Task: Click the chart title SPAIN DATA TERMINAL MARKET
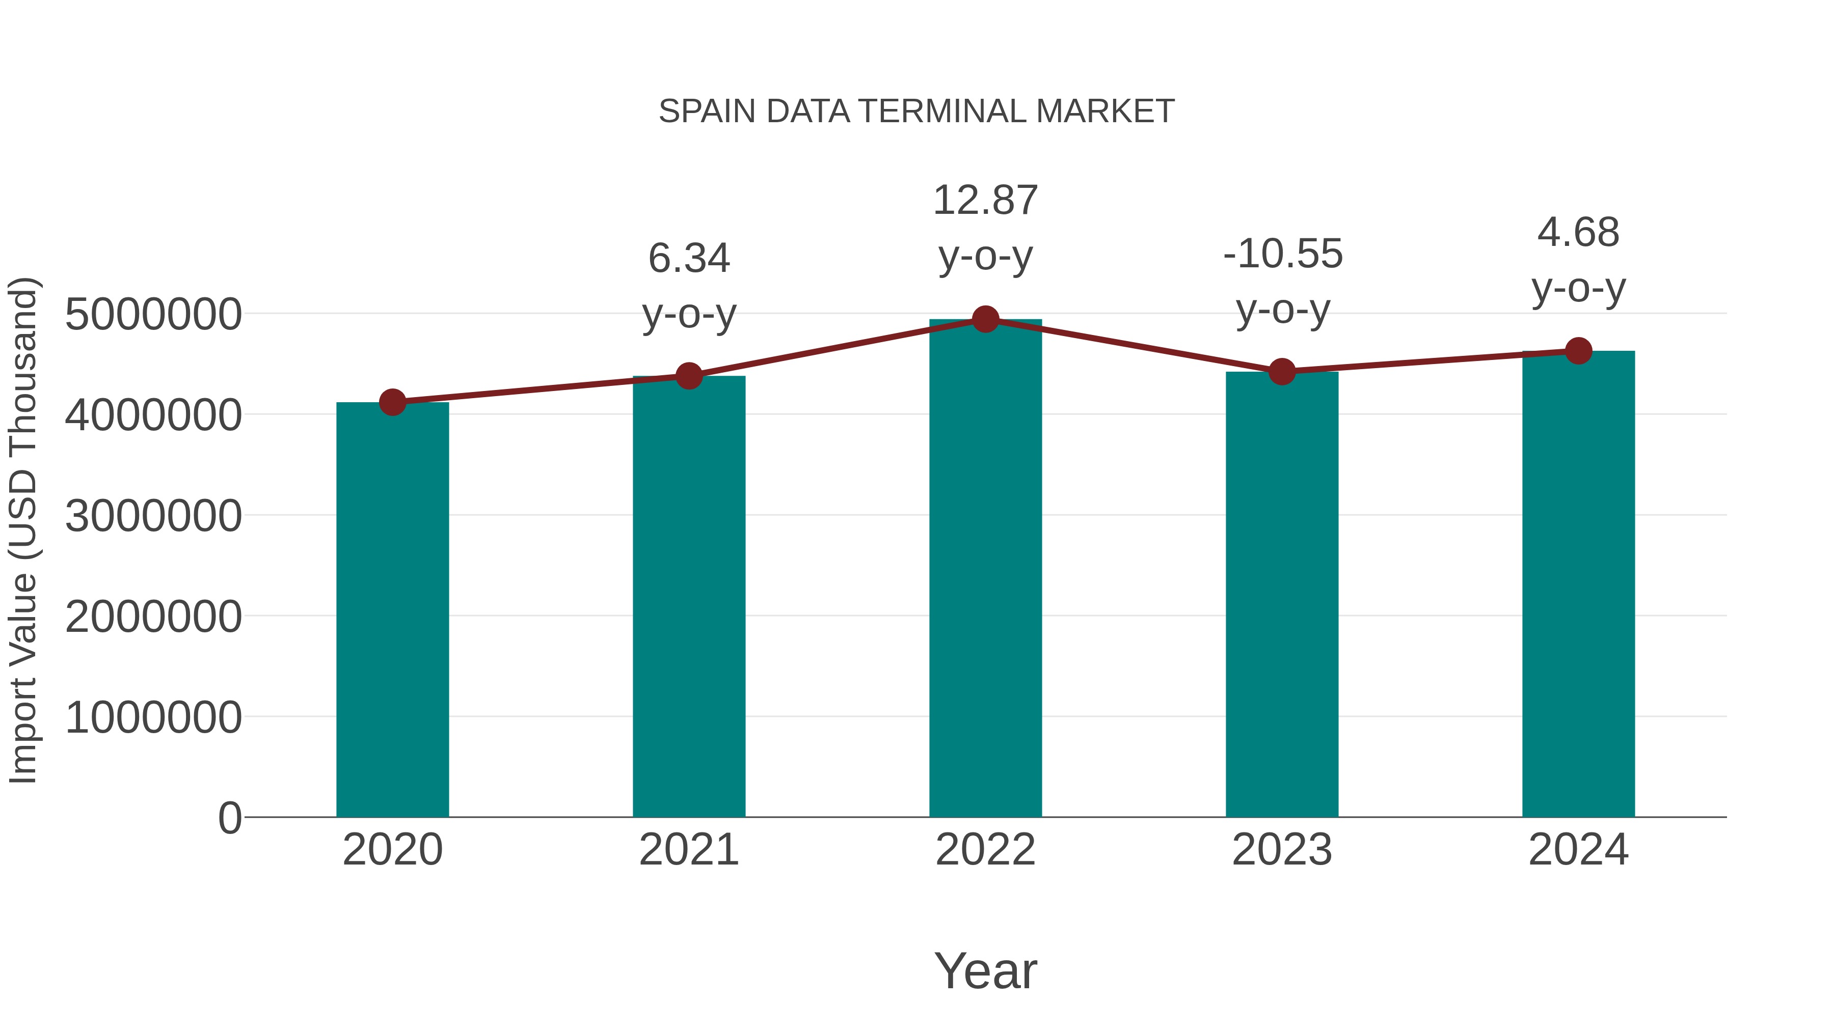(x=916, y=112)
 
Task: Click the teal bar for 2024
(x=1578, y=583)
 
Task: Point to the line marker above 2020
(x=392, y=403)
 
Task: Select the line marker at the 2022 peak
(x=985, y=319)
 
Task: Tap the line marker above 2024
(x=1578, y=351)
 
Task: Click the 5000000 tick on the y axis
(x=153, y=315)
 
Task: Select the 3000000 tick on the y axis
(x=153, y=516)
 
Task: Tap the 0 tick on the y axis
(x=230, y=818)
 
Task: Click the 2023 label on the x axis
(x=1282, y=850)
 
